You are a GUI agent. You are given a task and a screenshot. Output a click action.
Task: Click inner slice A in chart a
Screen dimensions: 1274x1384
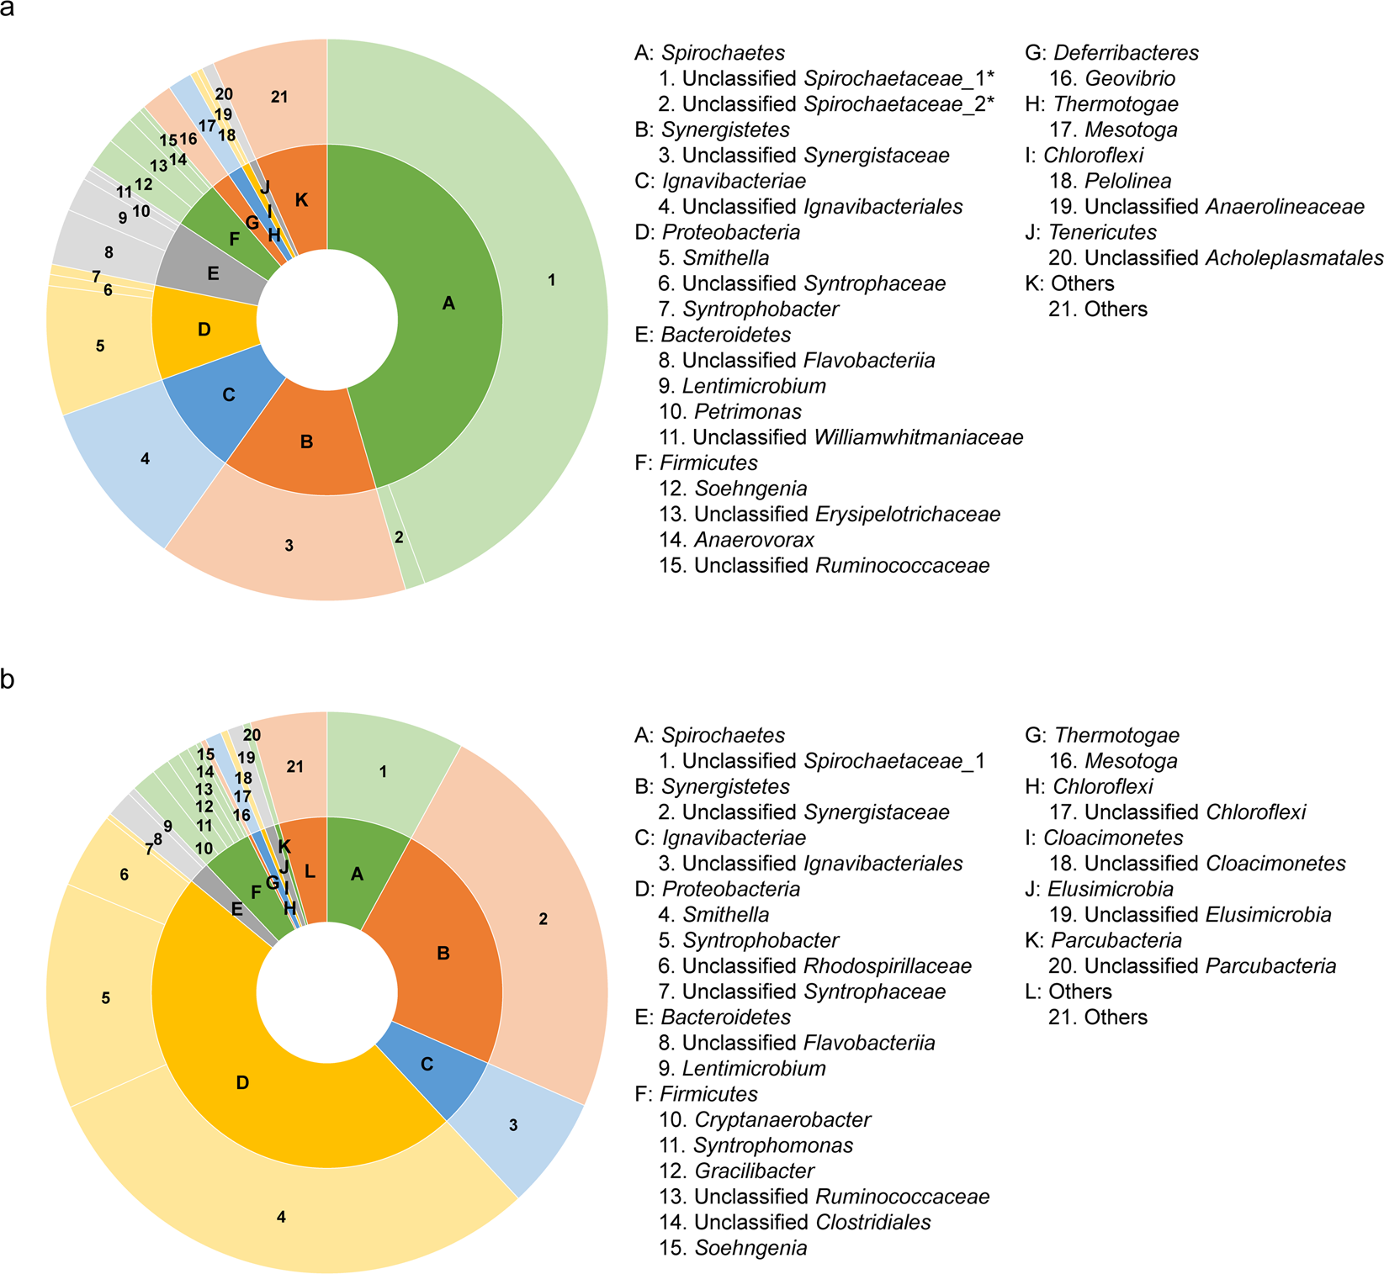click(x=448, y=304)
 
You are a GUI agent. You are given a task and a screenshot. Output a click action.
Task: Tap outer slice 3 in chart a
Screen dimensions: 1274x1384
click(x=289, y=546)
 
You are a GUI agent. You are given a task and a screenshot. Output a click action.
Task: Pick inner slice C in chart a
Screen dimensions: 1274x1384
click(x=228, y=395)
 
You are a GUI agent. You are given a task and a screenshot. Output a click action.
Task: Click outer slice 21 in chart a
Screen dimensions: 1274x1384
click(x=279, y=98)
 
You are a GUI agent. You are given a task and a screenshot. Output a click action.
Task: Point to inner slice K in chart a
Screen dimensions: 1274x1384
click(x=301, y=200)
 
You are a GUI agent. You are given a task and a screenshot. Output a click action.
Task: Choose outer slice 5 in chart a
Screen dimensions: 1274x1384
click(x=100, y=346)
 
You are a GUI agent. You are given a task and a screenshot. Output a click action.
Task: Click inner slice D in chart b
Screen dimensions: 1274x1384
click(x=242, y=1083)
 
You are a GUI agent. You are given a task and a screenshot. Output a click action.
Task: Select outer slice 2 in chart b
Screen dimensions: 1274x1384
click(x=543, y=919)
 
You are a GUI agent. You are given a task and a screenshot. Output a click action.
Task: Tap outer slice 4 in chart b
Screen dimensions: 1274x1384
click(x=281, y=1217)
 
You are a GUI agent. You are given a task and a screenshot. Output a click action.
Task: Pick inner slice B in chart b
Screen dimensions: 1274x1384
click(x=443, y=954)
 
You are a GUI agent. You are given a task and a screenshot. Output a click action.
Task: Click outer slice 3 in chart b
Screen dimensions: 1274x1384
click(x=513, y=1125)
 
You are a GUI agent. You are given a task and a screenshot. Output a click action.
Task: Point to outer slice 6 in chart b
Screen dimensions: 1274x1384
click(x=124, y=875)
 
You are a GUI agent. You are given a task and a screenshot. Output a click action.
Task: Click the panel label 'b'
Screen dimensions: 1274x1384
click(x=8, y=679)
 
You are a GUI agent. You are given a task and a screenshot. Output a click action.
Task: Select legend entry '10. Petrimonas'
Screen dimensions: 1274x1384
click(x=729, y=412)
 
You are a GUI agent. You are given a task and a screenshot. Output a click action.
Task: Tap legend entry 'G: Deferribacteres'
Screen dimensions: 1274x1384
click(x=1111, y=53)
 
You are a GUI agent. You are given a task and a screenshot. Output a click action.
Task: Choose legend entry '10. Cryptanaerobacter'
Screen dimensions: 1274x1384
click(x=765, y=1120)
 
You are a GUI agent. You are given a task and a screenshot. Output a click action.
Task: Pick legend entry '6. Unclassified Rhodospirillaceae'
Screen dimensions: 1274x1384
click(x=814, y=966)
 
